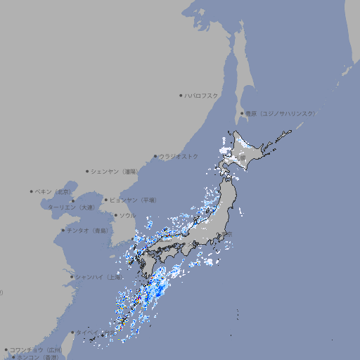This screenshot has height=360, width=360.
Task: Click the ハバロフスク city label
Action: pos(201,96)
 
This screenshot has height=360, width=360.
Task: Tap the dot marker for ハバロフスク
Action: pos(181,96)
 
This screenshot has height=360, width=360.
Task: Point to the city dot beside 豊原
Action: pos(242,113)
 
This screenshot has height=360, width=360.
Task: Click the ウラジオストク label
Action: pos(179,156)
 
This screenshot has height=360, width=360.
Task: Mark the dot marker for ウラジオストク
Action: pos(155,156)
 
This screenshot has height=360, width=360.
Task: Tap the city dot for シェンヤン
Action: pos(87,171)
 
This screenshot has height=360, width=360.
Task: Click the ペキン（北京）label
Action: pos(53,191)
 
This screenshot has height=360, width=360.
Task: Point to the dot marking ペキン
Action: pos(32,191)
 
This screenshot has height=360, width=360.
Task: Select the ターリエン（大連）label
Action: pos(70,207)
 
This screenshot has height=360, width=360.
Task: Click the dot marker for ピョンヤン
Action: pos(106,200)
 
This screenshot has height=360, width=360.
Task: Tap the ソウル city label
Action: pos(127,215)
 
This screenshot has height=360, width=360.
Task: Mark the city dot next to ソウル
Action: pos(115,215)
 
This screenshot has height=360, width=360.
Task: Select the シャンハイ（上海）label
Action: pos(98,276)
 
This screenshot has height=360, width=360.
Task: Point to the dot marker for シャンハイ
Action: pos(72,276)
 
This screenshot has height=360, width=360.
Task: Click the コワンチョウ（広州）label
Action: pos(35,349)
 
